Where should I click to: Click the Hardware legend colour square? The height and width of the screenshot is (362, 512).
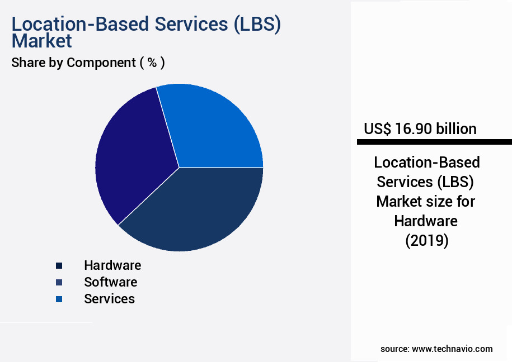(59, 265)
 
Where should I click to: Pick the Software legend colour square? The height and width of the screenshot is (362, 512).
(59, 282)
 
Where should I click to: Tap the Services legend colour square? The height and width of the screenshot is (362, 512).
(59, 299)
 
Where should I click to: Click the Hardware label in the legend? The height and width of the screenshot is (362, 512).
(112, 265)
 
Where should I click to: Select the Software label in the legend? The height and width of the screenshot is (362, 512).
(110, 282)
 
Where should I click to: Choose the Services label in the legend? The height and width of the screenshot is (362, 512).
(109, 299)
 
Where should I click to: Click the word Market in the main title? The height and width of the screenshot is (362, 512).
(41, 41)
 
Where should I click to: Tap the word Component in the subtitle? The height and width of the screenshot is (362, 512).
(101, 63)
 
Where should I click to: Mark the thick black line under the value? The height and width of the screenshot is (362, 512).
(434, 142)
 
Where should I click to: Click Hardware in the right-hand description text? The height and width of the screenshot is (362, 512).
(426, 221)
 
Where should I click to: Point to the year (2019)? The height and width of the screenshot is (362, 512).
(426, 241)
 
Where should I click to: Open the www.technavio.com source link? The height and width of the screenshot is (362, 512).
(452, 349)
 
